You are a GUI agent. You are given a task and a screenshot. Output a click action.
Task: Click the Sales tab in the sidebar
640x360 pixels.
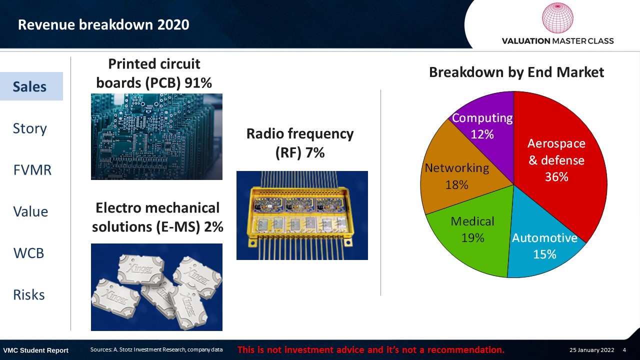31,86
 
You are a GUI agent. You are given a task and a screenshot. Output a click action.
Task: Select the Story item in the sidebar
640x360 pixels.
29,128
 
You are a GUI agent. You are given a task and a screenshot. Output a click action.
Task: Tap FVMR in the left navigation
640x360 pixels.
32,170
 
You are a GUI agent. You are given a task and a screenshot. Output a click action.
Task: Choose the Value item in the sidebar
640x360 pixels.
30,211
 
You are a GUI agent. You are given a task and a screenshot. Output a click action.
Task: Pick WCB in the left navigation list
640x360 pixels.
28,253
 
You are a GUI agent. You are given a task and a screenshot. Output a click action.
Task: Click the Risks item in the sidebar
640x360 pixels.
29,295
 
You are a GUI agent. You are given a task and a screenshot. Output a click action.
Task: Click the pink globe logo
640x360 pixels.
557,17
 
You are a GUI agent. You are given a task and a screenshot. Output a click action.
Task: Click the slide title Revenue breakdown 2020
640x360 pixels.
103,24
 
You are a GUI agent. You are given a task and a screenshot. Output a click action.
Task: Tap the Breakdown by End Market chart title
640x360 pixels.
516,72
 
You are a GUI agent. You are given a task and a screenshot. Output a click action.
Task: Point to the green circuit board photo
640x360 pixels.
156,136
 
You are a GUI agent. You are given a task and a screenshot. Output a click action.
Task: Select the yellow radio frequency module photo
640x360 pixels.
302,215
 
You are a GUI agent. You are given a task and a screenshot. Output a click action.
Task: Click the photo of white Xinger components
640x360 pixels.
156,287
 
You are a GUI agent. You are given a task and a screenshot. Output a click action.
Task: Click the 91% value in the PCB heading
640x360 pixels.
198,83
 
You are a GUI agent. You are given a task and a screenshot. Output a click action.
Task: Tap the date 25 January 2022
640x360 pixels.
591,350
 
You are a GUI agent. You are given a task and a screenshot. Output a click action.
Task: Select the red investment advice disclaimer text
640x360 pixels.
371,349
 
